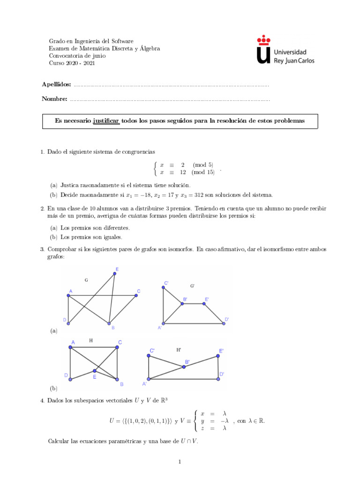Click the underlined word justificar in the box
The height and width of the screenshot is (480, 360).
pos(106,120)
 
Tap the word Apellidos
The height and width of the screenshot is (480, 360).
pos(56,84)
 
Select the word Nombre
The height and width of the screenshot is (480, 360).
pos(54,99)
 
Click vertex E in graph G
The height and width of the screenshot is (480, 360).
pos(115,274)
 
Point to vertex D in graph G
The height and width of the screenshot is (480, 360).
pos(68,323)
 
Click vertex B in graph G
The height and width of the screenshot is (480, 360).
pos(109,323)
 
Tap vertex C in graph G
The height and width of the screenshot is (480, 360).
pos(136,295)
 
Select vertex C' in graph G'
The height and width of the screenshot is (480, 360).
pos(163,287)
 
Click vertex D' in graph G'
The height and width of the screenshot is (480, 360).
pos(223,323)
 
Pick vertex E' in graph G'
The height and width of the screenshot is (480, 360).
pos(204,304)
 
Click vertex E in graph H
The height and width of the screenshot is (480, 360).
pos(94,370)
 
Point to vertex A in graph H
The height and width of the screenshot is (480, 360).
pos(70,347)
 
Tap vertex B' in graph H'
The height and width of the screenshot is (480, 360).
pos(184,367)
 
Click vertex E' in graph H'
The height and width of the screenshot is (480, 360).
pos(218,356)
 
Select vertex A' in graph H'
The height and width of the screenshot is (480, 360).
pos(148,379)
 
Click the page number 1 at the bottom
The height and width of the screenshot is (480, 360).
pos(180,462)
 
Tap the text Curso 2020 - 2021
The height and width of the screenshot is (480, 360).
pos(72,63)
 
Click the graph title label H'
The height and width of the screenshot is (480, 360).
pos(179,350)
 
